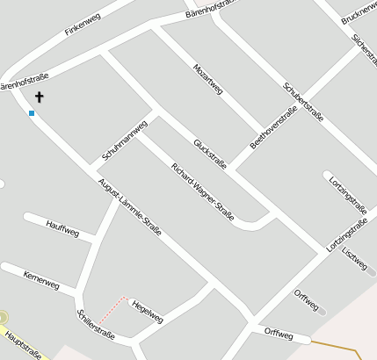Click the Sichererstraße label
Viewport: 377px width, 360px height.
(363, 51)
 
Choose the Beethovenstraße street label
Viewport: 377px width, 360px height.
(273, 128)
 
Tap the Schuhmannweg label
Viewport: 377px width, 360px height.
(123, 140)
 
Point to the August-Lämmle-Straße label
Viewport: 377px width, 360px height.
(129, 207)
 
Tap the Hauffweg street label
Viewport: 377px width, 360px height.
(62, 232)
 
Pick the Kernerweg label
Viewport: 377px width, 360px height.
(41, 281)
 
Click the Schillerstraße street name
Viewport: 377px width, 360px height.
(96, 324)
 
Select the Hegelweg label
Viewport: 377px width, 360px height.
(147, 312)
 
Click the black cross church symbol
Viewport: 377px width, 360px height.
(40, 97)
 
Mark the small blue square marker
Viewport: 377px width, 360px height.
(32, 113)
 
